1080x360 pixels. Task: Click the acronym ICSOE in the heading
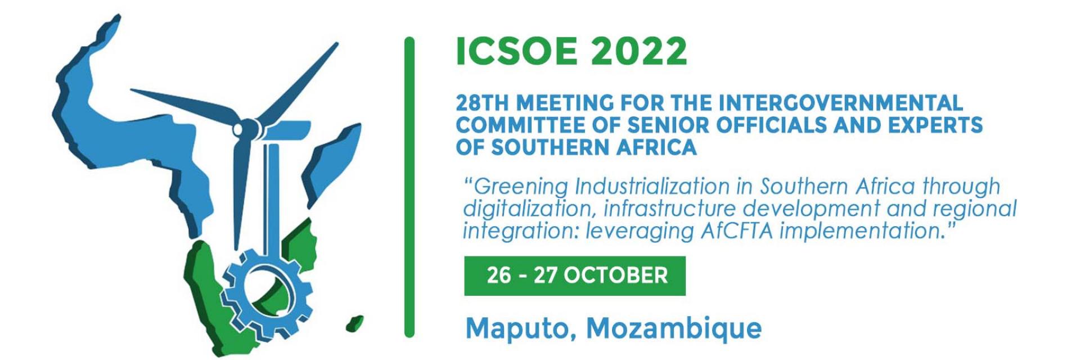516,51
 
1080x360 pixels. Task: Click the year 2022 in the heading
639,51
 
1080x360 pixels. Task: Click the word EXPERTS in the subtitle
935,125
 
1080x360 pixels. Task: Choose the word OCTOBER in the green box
615,276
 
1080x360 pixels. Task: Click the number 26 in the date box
499,276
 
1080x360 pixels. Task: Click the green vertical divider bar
409,187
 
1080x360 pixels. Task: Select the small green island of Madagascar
354,323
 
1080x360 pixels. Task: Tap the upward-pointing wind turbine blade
298,83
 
